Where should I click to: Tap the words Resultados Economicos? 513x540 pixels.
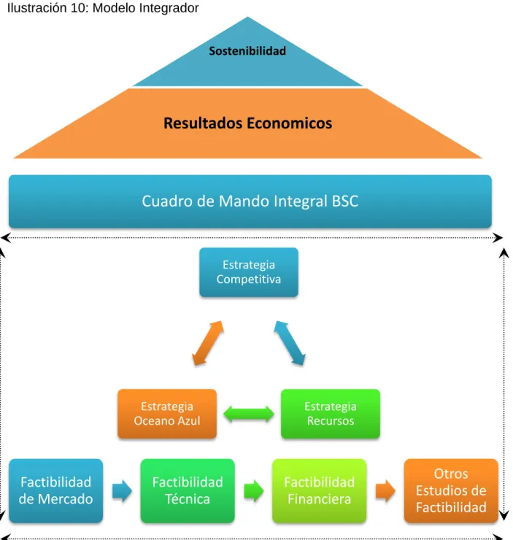[x=247, y=123]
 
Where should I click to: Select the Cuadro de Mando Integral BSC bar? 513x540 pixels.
[x=250, y=201]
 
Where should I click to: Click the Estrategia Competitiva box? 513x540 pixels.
[x=249, y=272]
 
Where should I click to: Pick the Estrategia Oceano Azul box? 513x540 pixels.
[x=167, y=414]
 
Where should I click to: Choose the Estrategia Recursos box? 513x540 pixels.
[x=331, y=414]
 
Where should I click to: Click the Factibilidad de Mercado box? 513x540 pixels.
[x=55, y=491]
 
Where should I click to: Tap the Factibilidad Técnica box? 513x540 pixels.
[x=188, y=491]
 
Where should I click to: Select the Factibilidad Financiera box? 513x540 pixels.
[x=319, y=491]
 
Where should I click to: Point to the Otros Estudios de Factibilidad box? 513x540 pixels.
[x=451, y=491]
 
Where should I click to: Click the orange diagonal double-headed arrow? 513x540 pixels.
[x=208, y=343]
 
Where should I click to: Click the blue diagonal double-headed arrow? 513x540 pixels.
[x=290, y=343]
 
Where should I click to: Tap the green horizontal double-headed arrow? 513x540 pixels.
[x=249, y=414]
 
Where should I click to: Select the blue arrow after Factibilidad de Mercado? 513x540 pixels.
[x=122, y=491]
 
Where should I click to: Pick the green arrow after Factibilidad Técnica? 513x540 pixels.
[x=254, y=491]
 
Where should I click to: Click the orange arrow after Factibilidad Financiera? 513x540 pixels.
[x=385, y=491]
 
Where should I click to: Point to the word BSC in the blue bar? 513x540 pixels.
[x=345, y=201]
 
